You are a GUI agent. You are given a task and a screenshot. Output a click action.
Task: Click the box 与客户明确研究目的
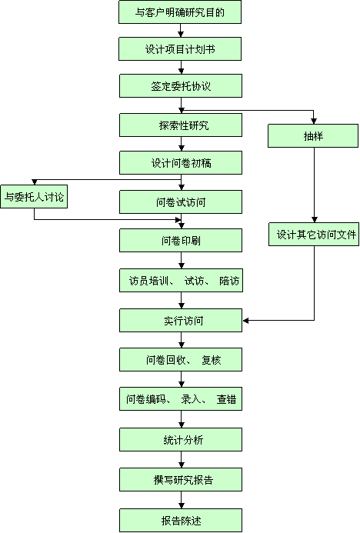[180, 12]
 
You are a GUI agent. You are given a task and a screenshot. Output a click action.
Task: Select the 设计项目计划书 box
[180, 49]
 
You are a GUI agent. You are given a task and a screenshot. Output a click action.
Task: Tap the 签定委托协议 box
[181, 86]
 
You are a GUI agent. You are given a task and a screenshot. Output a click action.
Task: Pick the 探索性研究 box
[181, 125]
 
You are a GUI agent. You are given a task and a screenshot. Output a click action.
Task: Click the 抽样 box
[313, 136]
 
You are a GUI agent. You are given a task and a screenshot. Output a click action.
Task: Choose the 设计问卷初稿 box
[181, 163]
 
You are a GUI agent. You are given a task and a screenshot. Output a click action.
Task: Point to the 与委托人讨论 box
[34, 196]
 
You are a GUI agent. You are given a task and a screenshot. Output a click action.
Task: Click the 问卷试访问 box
[181, 202]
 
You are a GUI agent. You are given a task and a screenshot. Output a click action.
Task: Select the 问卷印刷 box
[181, 241]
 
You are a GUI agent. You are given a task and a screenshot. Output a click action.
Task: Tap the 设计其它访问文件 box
[314, 235]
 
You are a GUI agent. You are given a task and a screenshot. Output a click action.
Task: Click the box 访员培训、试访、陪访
[181, 281]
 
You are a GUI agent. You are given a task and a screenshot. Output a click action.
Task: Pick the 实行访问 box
[181, 321]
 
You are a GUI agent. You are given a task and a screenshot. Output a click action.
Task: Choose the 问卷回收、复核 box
[181, 360]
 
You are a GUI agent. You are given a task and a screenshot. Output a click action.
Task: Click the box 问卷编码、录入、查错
[181, 398]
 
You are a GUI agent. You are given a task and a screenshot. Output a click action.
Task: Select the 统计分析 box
[181, 440]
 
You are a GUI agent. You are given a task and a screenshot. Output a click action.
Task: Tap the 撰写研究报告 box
[181, 480]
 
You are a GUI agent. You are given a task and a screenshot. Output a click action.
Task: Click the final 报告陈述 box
[181, 521]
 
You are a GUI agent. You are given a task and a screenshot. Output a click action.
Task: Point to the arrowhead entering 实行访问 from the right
[246, 321]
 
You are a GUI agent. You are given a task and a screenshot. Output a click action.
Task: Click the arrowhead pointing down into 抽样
[314, 121]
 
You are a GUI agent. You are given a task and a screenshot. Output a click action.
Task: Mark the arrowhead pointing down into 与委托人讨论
[35, 182]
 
